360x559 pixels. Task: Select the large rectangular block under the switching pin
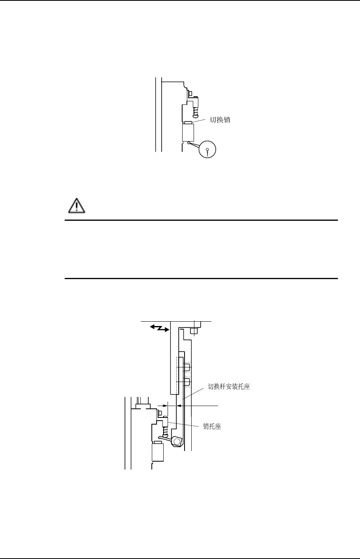click(188, 133)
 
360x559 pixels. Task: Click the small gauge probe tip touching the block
click(190, 143)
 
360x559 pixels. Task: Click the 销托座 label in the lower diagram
click(212, 426)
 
